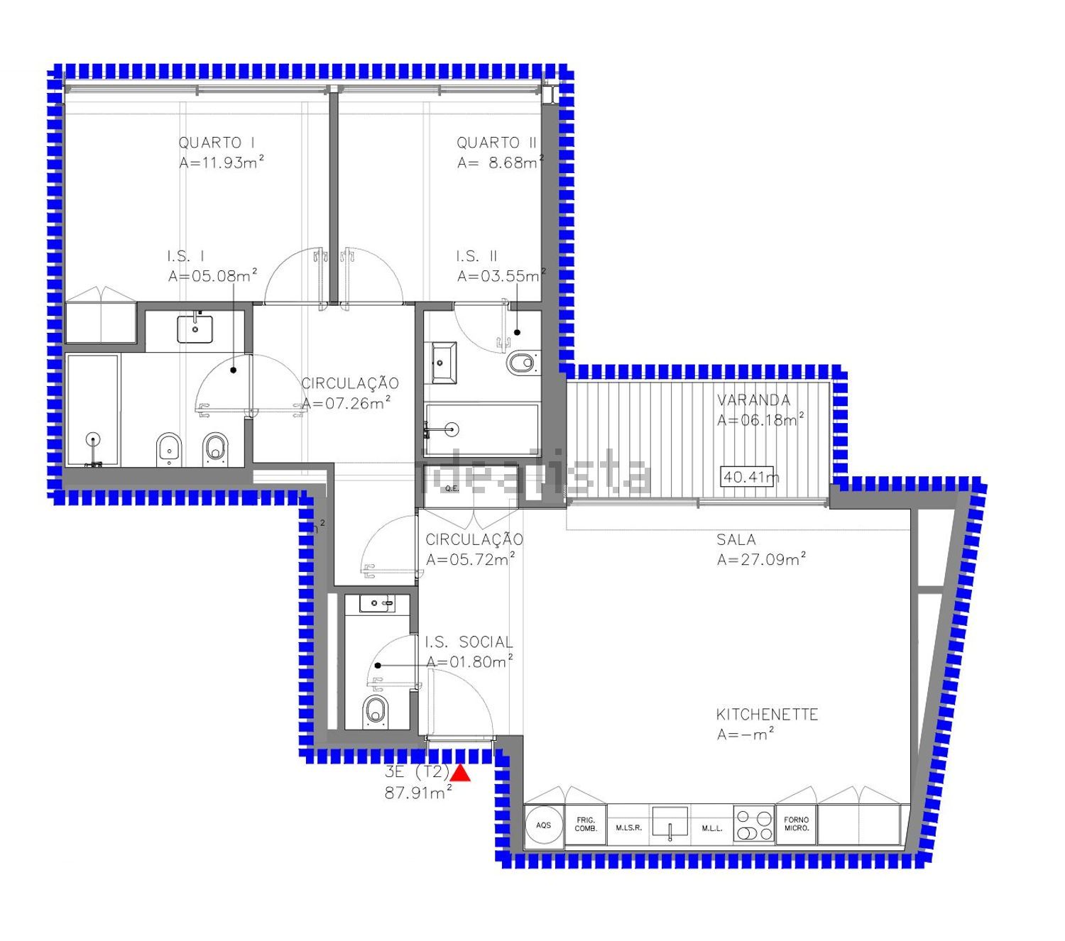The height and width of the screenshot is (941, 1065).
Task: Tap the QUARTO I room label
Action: (x=217, y=143)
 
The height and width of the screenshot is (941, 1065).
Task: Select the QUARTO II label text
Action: (x=496, y=143)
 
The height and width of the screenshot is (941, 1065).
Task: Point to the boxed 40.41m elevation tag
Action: (x=747, y=477)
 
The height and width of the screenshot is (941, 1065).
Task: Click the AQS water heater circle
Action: (x=543, y=825)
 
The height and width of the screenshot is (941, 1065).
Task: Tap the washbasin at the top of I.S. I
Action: (x=195, y=329)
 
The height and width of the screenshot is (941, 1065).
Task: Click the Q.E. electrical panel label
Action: (x=452, y=488)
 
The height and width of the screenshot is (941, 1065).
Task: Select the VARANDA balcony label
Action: (x=753, y=400)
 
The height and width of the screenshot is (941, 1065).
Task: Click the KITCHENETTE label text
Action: (x=767, y=715)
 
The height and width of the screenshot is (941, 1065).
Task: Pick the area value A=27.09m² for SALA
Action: (x=761, y=559)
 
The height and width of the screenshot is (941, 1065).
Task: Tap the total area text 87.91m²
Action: (x=418, y=792)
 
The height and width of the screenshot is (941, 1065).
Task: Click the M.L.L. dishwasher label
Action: (x=711, y=828)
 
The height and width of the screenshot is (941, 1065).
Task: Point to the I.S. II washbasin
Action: (x=444, y=363)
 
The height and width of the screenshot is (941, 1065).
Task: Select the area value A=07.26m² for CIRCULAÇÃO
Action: (x=345, y=403)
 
